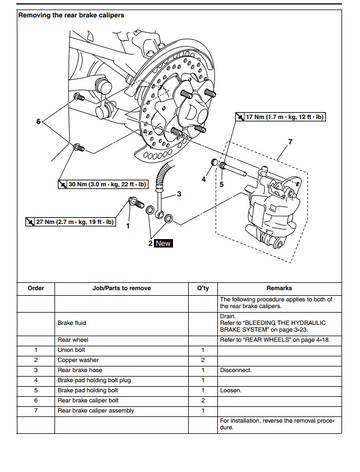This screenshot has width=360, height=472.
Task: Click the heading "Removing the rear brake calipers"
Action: coord(71,15)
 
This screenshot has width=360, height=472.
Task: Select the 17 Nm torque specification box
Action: coord(280,117)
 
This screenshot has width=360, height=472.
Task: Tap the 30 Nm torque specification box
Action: coord(103,184)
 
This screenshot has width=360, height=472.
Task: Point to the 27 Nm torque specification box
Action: coord(70,222)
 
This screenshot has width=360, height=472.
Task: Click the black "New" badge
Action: coord(163,243)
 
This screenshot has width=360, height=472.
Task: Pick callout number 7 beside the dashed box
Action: coord(290,142)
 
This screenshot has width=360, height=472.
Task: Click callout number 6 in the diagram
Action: coord(38,122)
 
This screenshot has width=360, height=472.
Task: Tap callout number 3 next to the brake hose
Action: coord(179,194)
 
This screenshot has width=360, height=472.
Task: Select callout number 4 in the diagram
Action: coord(204,179)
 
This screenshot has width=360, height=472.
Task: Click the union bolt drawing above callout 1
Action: coord(136,202)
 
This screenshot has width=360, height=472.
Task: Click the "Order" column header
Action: coord(36,288)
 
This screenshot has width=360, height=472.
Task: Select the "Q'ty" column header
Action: coord(203,288)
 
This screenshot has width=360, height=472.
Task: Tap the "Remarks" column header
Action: coord(279,288)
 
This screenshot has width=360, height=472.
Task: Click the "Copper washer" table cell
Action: coord(78,360)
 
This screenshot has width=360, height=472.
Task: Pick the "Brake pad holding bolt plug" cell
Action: coord(94,380)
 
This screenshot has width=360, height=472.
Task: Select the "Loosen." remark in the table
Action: coord(231,390)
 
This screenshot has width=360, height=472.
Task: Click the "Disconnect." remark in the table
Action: coord(236,370)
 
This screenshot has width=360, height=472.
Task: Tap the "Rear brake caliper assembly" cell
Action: coord(96,411)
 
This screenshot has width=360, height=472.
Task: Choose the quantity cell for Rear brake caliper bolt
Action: coord(203,400)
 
